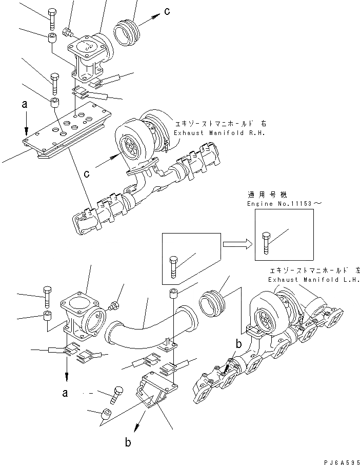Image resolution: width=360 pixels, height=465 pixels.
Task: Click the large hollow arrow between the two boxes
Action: pyautogui.click(x=237, y=244)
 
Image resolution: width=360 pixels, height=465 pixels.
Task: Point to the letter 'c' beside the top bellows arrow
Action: pyautogui.click(x=167, y=11)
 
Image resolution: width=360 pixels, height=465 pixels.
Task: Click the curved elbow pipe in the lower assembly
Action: pyautogui.click(x=148, y=323)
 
